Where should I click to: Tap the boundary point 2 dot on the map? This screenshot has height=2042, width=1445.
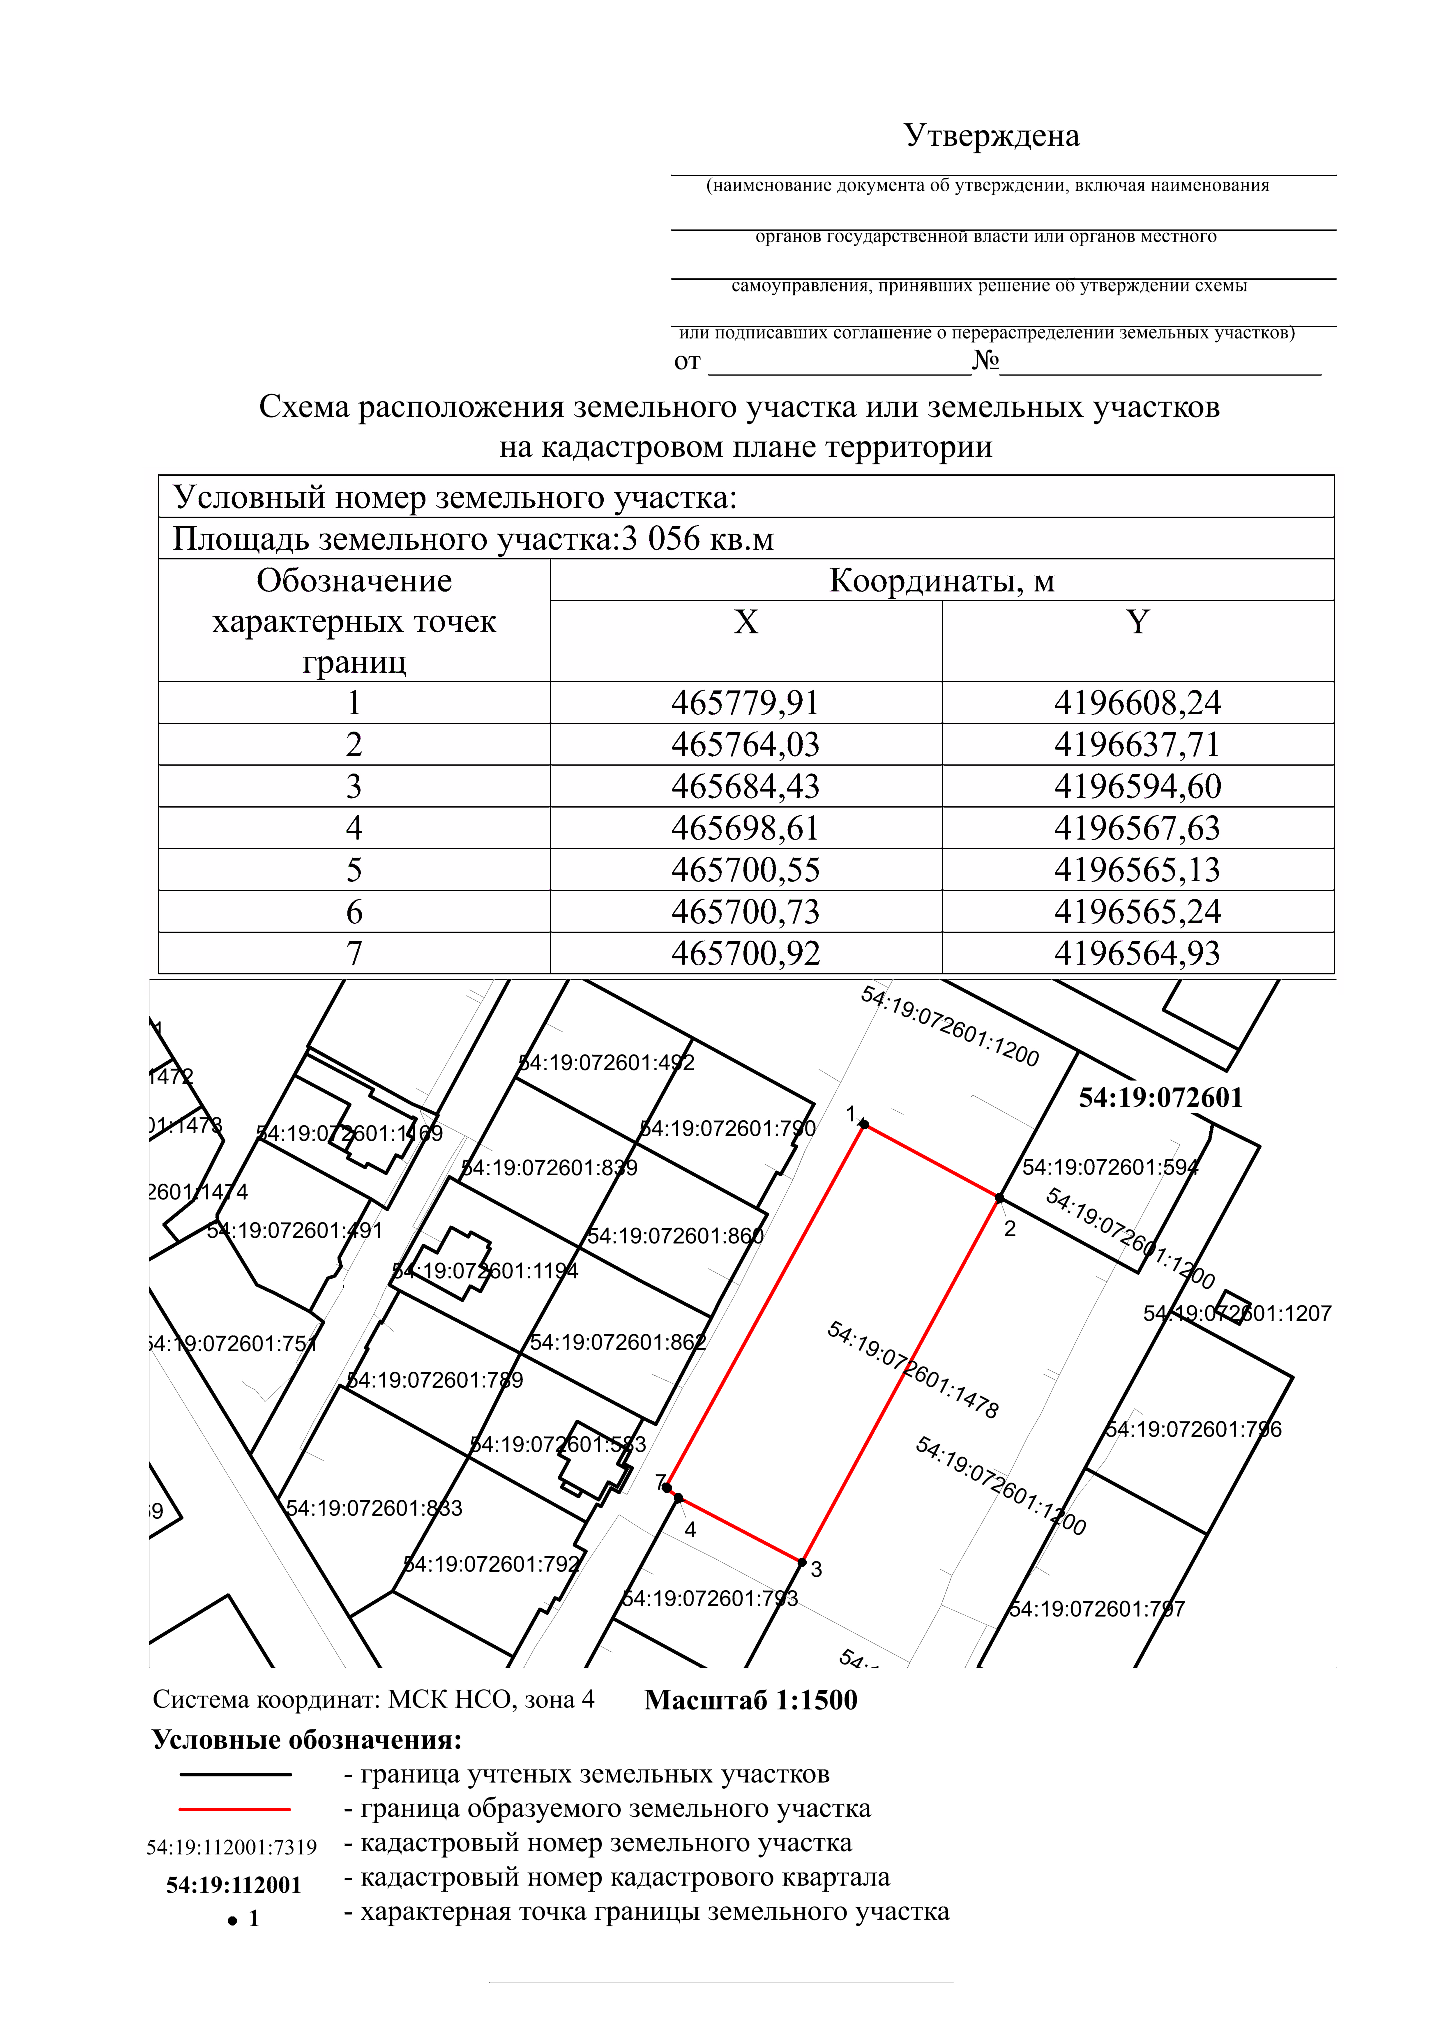999,1199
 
